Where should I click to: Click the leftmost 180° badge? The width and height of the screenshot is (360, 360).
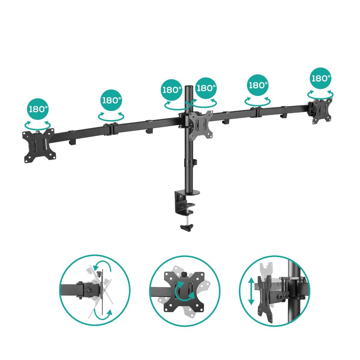(x=38, y=109)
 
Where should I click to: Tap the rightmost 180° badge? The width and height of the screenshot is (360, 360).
(x=321, y=78)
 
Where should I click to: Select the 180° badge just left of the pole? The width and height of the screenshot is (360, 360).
(x=172, y=90)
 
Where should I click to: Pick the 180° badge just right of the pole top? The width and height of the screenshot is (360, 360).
(x=206, y=88)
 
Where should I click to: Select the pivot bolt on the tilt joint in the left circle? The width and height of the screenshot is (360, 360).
(x=88, y=290)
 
